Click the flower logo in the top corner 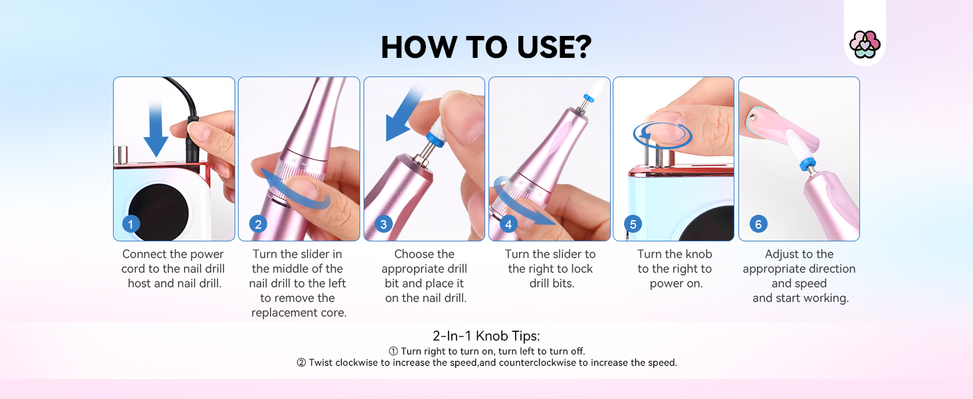pyautogui.click(x=865, y=45)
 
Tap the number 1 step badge pyautogui.click(x=131, y=224)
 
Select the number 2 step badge pyautogui.click(x=258, y=224)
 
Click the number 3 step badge pyautogui.click(x=383, y=224)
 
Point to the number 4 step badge pyautogui.click(x=508, y=224)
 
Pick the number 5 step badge pyautogui.click(x=633, y=224)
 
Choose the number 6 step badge pyautogui.click(x=758, y=224)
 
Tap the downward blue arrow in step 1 pyautogui.click(x=156, y=128)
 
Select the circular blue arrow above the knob pyautogui.click(x=663, y=136)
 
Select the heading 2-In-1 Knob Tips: pyautogui.click(x=486, y=336)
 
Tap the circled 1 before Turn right pyautogui.click(x=393, y=351)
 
